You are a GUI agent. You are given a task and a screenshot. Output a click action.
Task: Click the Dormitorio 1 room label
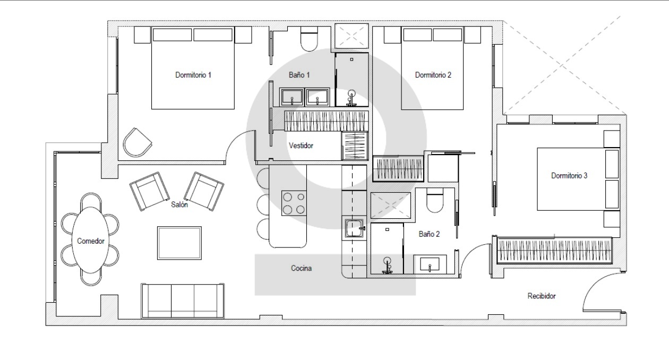[193, 75]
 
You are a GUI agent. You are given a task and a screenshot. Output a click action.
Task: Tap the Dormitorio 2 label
[433, 75]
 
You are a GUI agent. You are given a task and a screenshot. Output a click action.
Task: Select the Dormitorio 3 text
[569, 176]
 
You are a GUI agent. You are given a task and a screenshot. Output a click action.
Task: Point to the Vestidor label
[301, 145]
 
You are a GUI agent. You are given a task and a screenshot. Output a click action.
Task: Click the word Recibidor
[542, 296]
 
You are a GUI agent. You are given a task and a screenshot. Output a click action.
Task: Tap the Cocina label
[302, 268]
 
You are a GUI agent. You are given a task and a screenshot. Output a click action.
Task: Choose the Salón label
[179, 204]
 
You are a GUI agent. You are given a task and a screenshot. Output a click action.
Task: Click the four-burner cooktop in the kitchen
[294, 203]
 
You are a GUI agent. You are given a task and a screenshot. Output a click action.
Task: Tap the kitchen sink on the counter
[354, 228]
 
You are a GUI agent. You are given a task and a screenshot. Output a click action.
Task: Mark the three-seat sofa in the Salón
[183, 301]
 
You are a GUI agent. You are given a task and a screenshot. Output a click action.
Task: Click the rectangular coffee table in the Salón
[179, 243]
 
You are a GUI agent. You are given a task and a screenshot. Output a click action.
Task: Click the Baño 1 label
[299, 75]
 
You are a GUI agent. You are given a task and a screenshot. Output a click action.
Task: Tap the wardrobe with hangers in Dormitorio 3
[554, 251]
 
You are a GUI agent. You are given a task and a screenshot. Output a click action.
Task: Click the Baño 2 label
[429, 234]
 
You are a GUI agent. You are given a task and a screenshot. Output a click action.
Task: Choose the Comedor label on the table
[91, 241]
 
